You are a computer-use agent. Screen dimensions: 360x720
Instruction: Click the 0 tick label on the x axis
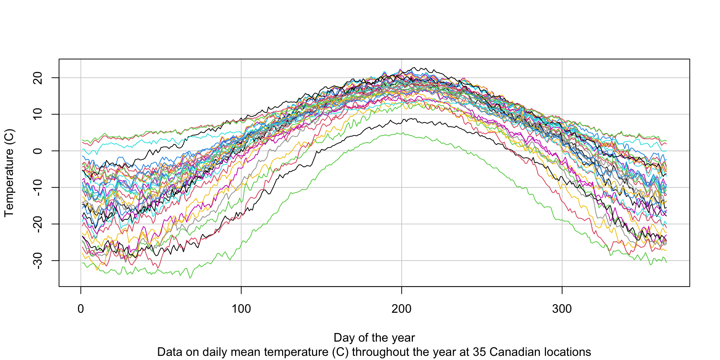[x=81, y=309]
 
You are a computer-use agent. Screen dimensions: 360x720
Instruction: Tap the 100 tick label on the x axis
[x=241, y=309]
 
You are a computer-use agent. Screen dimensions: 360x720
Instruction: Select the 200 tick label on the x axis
[x=402, y=309]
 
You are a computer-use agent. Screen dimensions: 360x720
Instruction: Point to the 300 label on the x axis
[x=562, y=309]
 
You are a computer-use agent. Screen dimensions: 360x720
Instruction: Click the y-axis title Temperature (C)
[x=9, y=173]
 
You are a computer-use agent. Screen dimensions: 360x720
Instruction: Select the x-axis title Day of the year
[x=374, y=337]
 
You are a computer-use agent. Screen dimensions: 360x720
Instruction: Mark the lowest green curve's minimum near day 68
[x=190, y=278]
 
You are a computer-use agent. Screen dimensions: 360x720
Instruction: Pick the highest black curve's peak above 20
[x=414, y=67]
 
